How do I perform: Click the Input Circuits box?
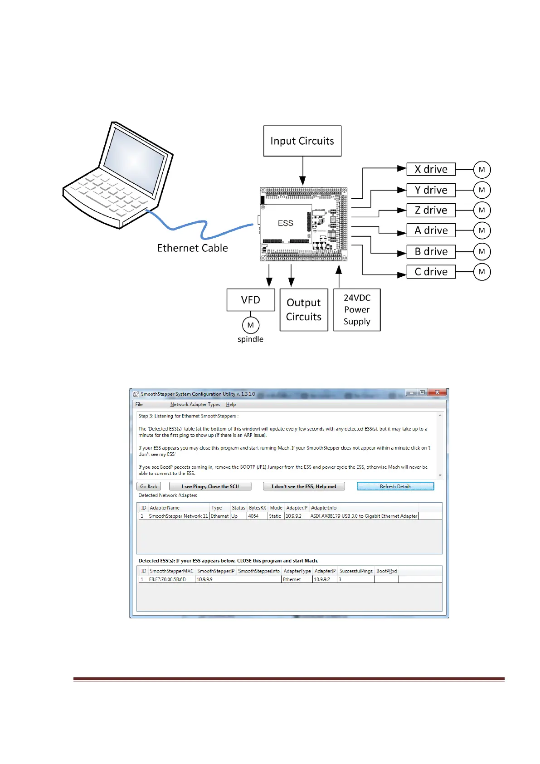[x=302, y=141]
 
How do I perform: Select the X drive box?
[x=431, y=169]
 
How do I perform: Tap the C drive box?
[x=431, y=272]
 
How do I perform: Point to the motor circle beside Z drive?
[x=482, y=210]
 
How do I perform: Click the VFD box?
[x=250, y=300]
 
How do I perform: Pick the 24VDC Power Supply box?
[x=357, y=310]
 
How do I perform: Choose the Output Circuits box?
[x=304, y=310]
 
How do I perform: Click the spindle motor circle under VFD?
[x=250, y=325]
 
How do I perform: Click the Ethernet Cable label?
[x=192, y=248]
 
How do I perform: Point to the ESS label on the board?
[x=285, y=223]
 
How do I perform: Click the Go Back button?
[x=149, y=486]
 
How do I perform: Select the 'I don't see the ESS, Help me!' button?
[x=304, y=486]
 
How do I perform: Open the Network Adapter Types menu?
[x=195, y=405]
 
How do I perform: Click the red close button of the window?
[x=437, y=392]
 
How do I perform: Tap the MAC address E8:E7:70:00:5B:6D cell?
[x=167, y=579]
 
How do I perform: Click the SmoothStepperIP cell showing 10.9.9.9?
[x=204, y=579]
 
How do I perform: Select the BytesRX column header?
[x=257, y=508]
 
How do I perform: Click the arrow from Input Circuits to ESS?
[x=302, y=171]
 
